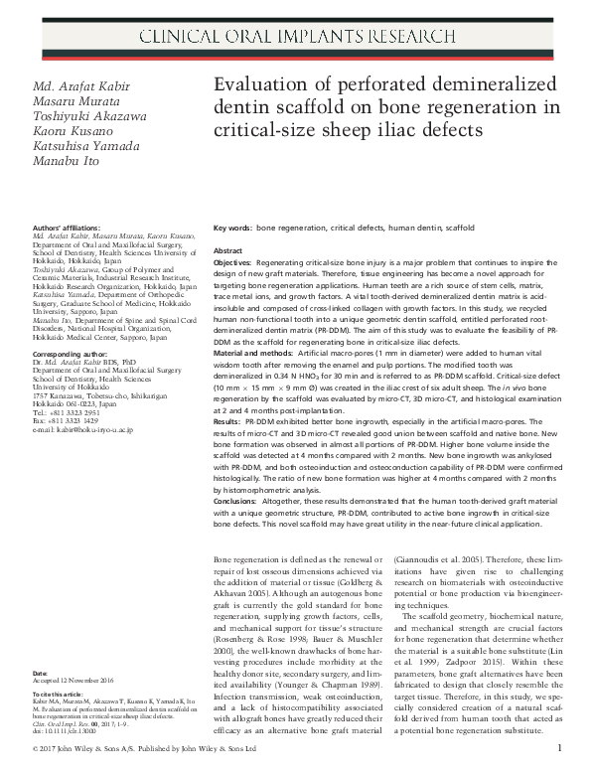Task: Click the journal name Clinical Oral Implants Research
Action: click(295, 41)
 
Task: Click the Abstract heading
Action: click(228, 251)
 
